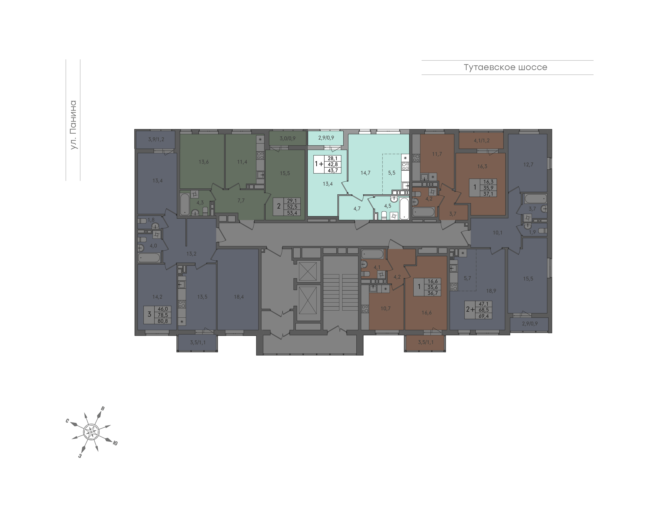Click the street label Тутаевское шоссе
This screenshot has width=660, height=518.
pos(505,67)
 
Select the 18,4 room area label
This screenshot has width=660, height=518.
pos(239,297)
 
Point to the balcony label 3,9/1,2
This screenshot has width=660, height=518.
pos(156,140)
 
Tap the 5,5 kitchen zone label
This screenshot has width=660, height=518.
pos(392,173)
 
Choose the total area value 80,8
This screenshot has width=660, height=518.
pos(162,321)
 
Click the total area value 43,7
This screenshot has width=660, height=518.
pos(333,171)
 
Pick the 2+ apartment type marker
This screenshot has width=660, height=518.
pos(470,309)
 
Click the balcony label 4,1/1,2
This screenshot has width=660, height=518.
pos(481,141)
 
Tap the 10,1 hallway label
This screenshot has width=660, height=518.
pos(498,233)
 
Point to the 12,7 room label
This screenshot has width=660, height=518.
pos(528,165)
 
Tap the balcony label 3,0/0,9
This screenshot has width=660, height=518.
pos(287,138)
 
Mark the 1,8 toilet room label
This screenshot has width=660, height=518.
pos(151,220)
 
